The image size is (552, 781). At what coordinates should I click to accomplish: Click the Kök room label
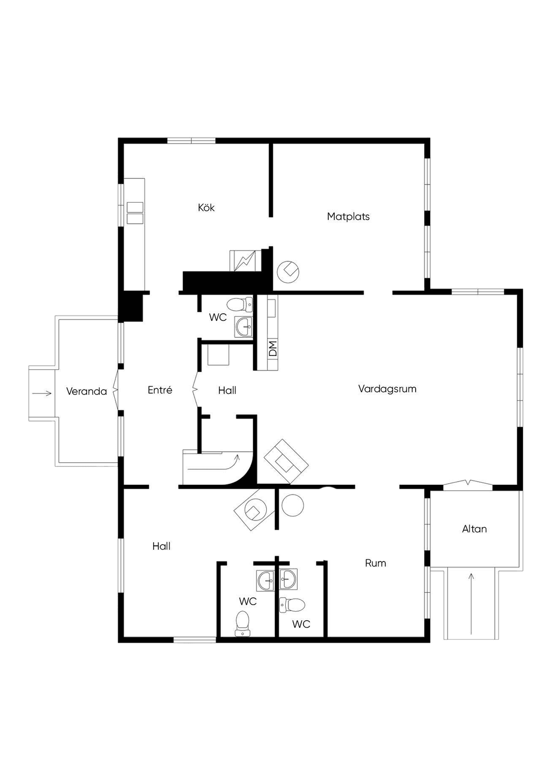pyautogui.click(x=206, y=208)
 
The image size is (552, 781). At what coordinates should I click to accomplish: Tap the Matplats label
pyautogui.click(x=348, y=216)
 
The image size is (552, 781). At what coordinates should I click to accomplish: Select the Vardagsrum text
pyautogui.click(x=387, y=389)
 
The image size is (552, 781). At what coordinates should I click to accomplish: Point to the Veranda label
pyautogui.click(x=86, y=392)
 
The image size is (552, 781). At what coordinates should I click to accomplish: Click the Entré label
pyautogui.click(x=160, y=390)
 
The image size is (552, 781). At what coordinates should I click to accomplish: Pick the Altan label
pyautogui.click(x=474, y=529)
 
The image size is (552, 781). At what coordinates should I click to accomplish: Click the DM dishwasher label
pyautogui.click(x=273, y=348)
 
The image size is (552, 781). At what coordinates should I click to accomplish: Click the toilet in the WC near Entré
pyautogui.click(x=240, y=305)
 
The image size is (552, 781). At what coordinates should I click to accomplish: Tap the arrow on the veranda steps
pyautogui.click(x=42, y=394)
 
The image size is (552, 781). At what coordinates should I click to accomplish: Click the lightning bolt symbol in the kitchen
pyautogui.click(x=243, y=261)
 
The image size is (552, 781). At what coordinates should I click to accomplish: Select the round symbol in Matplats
pyautogui.click(x=288, y=271)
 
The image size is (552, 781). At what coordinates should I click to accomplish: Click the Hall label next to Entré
pyautogui.click(x=227, y=390)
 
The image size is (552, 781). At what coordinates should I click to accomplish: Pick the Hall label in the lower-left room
pyautogui.click(x=161, y=546)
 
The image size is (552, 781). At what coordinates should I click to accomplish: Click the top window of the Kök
pyautogui.click(x=191, y=141)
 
